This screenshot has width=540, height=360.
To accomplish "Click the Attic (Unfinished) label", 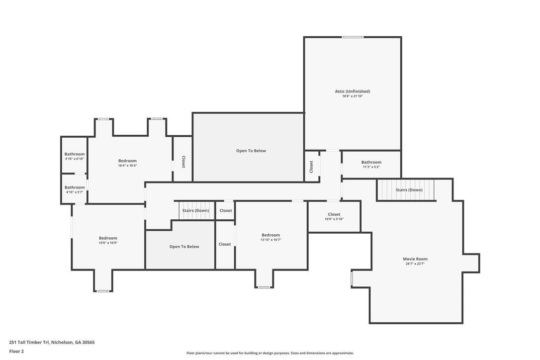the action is pos(353,91).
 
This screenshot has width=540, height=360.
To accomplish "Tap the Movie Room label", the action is pos(415,259).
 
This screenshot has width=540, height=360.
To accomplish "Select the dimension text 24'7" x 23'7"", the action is pos(415,264).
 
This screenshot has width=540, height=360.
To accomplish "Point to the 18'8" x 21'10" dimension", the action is pos(353,96).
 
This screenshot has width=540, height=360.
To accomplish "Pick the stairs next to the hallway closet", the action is pos(195,210).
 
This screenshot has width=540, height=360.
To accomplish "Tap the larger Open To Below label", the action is pos(251,151).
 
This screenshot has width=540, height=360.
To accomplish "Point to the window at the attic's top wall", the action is pos(353,37).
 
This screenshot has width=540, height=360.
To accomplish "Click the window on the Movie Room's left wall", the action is pos(352,279).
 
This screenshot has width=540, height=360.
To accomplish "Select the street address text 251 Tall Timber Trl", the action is pos(29,343).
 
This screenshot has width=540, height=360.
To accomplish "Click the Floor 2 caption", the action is pos(16,352).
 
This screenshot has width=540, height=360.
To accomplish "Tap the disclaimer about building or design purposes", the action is pos(270,353).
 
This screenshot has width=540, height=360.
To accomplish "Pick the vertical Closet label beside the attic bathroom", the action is pos(311,167).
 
